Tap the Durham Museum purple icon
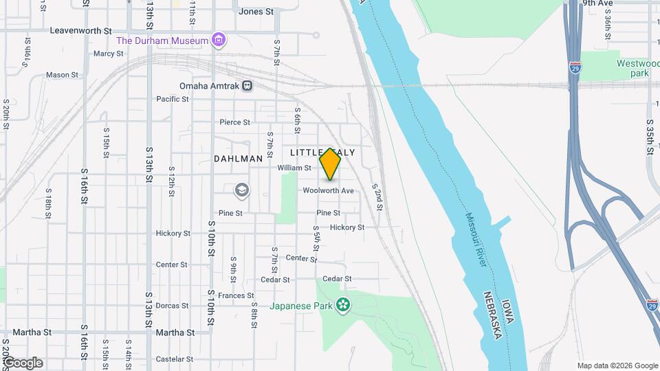[x=219, y=41]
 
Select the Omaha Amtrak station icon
[x=247, y=86]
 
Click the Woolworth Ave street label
[x=327, y=190]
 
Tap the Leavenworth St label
[x=81, y=31]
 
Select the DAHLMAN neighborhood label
[x=238, y=159]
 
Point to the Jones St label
[x=256, y=12]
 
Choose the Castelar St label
[x=174, y=359]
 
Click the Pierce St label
[x=234, y=122]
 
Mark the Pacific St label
[x=172, y=99]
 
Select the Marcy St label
[x=108, y=54]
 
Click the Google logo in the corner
[x=23, y=362]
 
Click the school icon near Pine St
[x=241, y=190]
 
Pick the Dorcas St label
[x=172, y=306]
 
